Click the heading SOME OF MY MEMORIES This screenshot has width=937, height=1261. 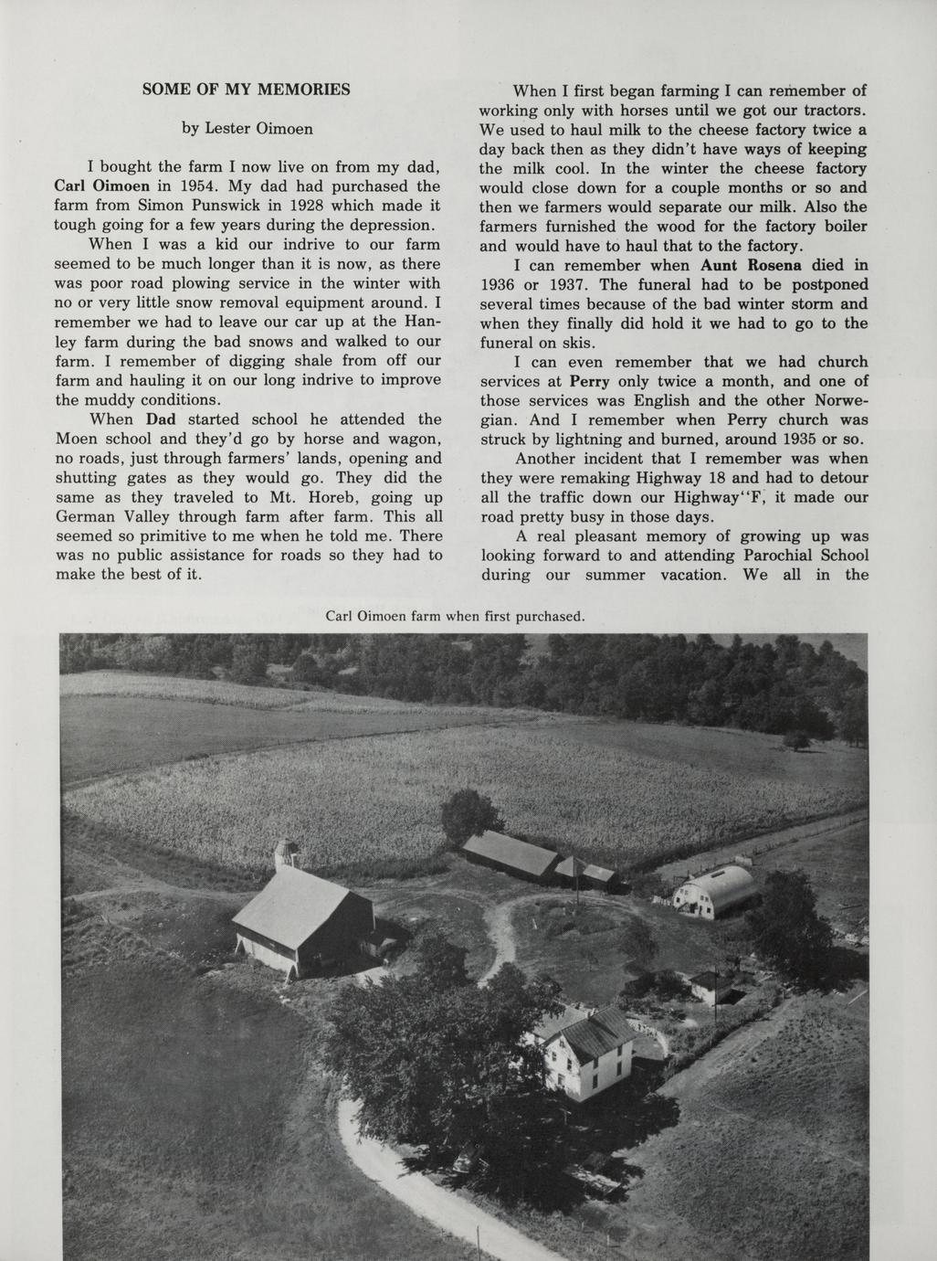pos(247,90)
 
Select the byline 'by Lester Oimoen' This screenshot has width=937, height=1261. pos(247,129)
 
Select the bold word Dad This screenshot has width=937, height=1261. pos(160,419)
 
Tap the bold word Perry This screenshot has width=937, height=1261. pos(589,381)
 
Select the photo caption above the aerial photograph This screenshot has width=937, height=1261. pos(455,616)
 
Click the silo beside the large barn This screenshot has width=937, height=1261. pos(287,853)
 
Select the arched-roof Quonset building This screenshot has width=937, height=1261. pos(718,891)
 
